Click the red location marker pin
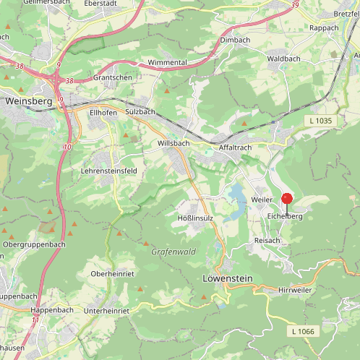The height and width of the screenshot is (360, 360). tap(286, 199)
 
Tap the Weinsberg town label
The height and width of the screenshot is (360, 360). tap(28, 101)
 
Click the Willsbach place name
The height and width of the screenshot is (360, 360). tap(172, 144)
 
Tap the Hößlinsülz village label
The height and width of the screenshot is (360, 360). tap(195, 218)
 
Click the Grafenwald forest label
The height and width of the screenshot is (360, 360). tap(173, 252)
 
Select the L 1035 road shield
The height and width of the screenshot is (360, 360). tap(318, 121)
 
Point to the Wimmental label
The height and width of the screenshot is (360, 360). tap(167, 63)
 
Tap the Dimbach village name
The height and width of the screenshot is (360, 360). tap(234, 40)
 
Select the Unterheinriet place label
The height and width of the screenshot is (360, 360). tap(106, 310)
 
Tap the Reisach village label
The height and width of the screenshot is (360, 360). tap(267, 240)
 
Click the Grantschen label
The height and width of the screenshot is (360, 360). tap(113, 77)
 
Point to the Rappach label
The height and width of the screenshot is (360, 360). tap(324, 28)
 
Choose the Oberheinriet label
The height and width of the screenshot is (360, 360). tap(113, 274)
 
